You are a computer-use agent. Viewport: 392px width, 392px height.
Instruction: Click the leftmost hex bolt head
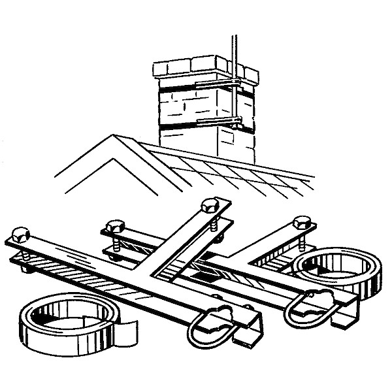(x=19, y=233)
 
